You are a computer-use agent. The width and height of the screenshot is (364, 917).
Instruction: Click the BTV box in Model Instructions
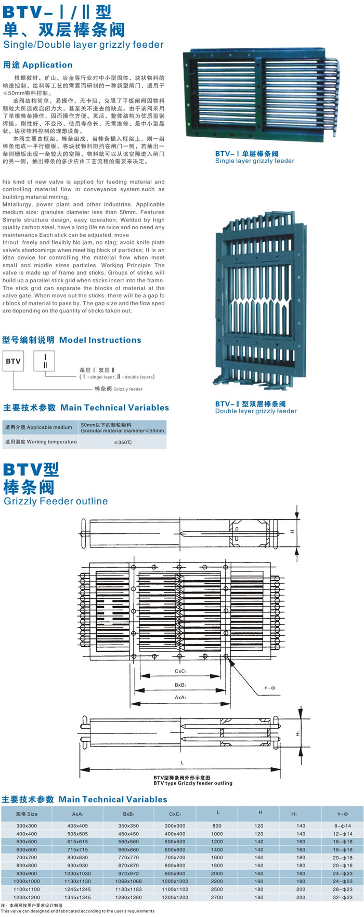coord(13,361)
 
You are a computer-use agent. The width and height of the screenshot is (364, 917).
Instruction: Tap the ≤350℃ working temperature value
coord(123,442)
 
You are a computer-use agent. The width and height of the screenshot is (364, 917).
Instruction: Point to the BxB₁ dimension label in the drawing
coord(180,685)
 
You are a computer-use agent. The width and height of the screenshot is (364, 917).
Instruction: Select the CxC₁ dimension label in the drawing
coord(180,671)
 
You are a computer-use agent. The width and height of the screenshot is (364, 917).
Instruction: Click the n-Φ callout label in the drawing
coord(270,688)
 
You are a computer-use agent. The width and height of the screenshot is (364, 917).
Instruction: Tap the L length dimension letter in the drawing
coord(182,763)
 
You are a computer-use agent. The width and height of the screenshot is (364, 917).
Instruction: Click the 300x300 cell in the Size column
coord(27,826)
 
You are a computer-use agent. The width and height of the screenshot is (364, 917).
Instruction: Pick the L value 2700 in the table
coord(217,897)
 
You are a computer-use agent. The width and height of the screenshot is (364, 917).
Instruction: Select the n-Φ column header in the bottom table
coord(343,814)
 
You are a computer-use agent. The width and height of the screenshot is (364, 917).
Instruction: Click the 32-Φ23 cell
coord(343,897)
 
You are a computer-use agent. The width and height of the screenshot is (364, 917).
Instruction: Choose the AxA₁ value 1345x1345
coord(78,897)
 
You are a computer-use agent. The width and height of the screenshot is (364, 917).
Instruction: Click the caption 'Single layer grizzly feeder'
coord(255,161)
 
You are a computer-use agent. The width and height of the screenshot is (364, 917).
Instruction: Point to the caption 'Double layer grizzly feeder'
coord(256,411)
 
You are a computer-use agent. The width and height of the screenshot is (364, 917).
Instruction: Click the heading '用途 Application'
coord(38,65)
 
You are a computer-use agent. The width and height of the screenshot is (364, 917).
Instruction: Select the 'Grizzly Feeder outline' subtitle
coord(56,501)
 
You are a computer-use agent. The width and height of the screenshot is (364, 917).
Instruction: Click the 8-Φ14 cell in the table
coord(343,826)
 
